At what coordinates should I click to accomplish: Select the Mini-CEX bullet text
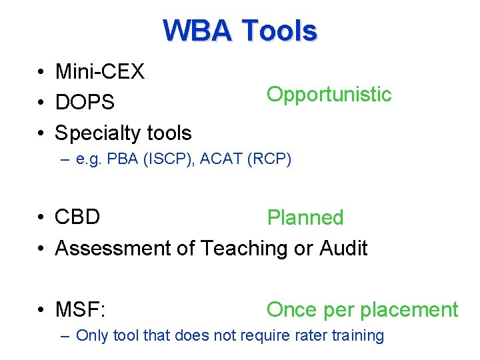99,71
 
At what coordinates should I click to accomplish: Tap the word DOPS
85,102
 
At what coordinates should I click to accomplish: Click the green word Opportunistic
329,95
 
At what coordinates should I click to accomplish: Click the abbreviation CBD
77,217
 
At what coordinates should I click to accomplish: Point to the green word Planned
305,218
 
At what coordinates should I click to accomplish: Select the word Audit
343,248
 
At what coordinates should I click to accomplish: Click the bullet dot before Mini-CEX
41,72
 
